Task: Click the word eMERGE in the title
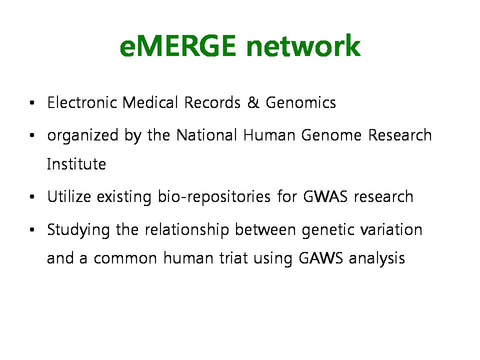pos(178,45)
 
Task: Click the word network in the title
pos(303,45)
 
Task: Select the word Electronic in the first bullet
pos(82,102)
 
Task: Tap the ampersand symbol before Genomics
pos(253,102)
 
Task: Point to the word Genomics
pos(300,103)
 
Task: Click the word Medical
pos(150,102)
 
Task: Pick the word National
pos(207,135)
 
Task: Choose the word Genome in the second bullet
pos(331,135)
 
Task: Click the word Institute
pos(76,164)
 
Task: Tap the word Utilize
pos(69,196)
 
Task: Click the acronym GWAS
pos(325,196)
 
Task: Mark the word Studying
pos(78,230)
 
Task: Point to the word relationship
pos(187,230)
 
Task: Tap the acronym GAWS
pos(321,258)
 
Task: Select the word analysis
pos(377,258)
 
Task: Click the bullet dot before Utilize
pos(32,197)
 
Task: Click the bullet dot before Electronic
pos(32,103)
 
